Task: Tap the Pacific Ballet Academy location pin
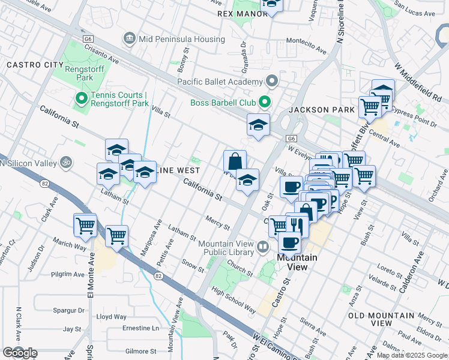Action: pyautogui.click(x=273, y=81)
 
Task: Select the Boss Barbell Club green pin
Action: pyautogui.click(x=264, y=103)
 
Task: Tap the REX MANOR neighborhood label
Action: pyautogui.click(x=241, y=13)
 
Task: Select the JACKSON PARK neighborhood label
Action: pyautogui.click(x=317, y=110)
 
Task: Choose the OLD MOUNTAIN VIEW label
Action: pyautogui.click(x=382, y=319)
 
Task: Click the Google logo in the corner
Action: pyautogui.click(x=20, y=353)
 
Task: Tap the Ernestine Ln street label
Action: pyautogui.click(x=138, y=328)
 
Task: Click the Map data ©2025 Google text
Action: pyautogui.click(x=412, y=355)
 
